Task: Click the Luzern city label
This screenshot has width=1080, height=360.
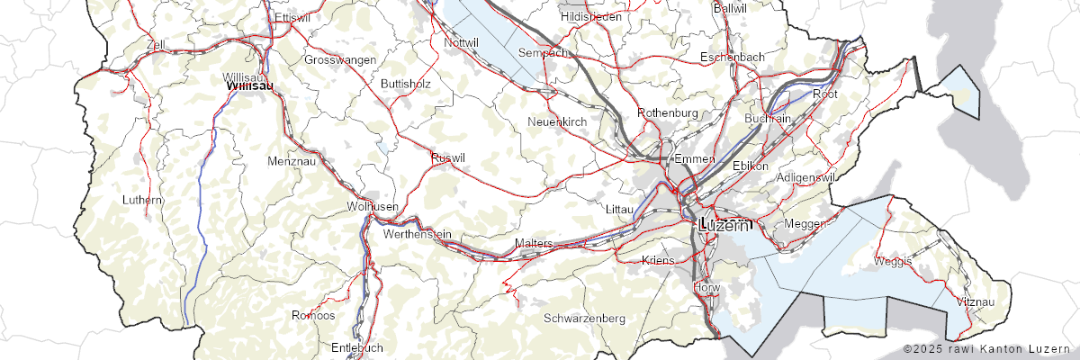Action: tap(723, 226)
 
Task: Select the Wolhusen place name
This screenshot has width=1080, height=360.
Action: tap(373, 207)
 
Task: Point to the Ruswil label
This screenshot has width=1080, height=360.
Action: tap(448, 157)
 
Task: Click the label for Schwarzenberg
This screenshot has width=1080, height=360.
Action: tap(584, 319)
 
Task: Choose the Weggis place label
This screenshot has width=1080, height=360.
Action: tap(893, 261)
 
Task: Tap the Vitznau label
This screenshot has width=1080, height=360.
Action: tap(976, 301)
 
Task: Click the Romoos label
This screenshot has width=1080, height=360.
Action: tap(313, 316)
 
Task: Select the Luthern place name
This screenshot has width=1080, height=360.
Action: tap(143, 199)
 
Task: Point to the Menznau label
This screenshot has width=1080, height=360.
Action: tap(291, 161)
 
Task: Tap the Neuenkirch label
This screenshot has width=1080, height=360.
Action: tap(557, 121)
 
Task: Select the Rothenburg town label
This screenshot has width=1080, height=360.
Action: tap(668, 112)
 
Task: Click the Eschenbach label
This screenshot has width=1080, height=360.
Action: tap(733, 57)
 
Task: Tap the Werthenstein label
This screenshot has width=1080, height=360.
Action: tap(417, 234)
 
